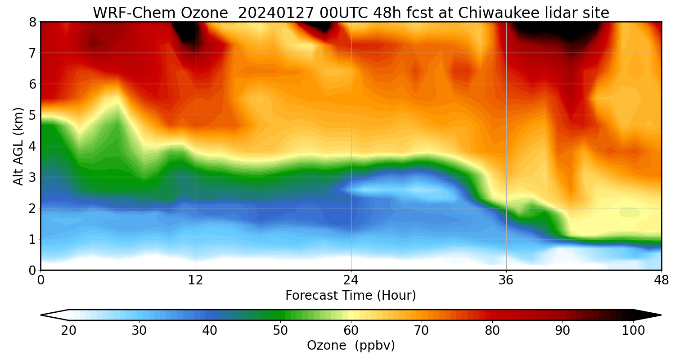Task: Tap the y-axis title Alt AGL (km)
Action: coord(18,146)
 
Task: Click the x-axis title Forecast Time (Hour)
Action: coord(351,296)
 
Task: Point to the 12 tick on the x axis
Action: coord(196,280)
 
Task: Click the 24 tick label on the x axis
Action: coord(351,280)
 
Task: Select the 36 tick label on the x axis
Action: coord(506,280)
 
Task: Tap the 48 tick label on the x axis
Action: coord(661,280)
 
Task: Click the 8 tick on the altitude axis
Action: coord(32,22)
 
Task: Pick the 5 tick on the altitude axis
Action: coord(32,115)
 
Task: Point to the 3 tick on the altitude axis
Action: coord(32,177)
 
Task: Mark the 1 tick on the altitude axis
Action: coord(32,239)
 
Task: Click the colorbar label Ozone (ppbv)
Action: coord(351,346)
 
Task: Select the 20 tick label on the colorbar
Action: coord(69,331)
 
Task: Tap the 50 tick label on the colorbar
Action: coord(280,331)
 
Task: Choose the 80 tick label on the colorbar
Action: coord(492,331)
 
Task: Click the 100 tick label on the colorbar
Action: coord(633,331)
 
